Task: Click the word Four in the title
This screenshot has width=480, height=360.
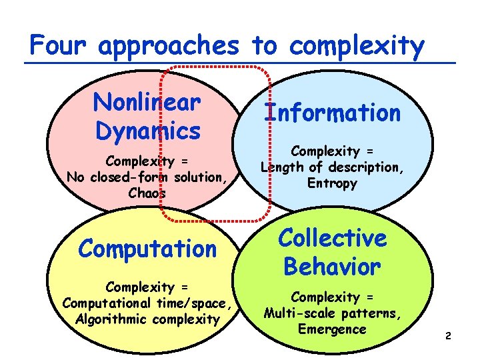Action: click(x=59, y=46)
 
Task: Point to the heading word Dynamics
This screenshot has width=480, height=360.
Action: click(x=147, y=131)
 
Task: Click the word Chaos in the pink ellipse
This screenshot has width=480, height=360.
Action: click(x=148, y=193)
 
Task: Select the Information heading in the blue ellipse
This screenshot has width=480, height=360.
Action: click(x=332, y=113)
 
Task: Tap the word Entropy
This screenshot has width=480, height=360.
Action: click(x=333, y=183)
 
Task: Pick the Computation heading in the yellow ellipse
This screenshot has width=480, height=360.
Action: click(x=147, y=249)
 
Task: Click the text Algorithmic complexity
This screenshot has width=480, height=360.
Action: click(x=147, y=319)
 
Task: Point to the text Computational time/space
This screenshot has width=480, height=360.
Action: click(x=147, y=303)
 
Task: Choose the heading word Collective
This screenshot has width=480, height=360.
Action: click(x=332, y=238)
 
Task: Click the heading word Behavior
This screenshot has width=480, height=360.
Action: click(x=332, y=267)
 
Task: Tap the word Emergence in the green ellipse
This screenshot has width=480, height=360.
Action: click(x=332, y=329)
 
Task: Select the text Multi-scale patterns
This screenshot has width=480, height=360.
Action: click(x=332, y=313)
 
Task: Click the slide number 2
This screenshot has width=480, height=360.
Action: click(x=448, y=337)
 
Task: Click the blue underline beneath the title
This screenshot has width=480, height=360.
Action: click(x=240, y=63)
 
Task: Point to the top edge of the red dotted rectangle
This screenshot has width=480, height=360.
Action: click(x=217, y=67)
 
